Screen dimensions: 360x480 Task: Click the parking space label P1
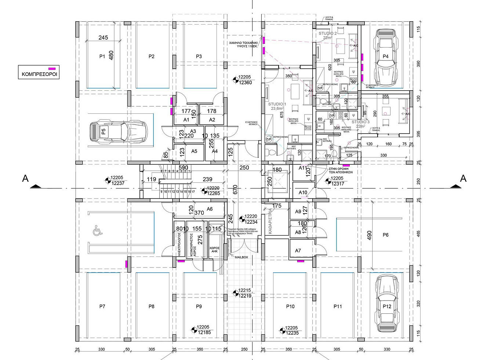[x=102, y=57]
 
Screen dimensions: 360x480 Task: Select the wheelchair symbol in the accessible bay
[x=97, y=232]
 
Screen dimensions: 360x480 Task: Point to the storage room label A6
[x=210, y=209]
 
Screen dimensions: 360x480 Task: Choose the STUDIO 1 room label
[x=277, y=105]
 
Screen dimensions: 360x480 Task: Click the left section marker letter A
[x=25, y=178]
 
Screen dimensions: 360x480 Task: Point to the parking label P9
[x=199, y=306]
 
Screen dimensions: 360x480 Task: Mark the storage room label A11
[x=303, y=168]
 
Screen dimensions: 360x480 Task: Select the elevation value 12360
[x=245, y=83]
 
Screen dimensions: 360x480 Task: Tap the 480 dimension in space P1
[x=112, y=55]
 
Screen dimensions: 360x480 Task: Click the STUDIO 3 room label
[x=360, y=122]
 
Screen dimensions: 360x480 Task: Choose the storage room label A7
[x=298, y=251]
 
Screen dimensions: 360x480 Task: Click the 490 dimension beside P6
[x=369, y=234]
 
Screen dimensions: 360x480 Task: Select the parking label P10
[x=290, y=306]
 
